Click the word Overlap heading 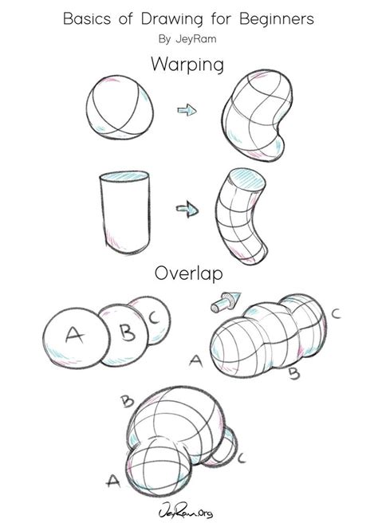[x=189, y=275]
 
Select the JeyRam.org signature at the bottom [x=189, y=507]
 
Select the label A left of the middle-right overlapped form [x=195, y=360]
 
